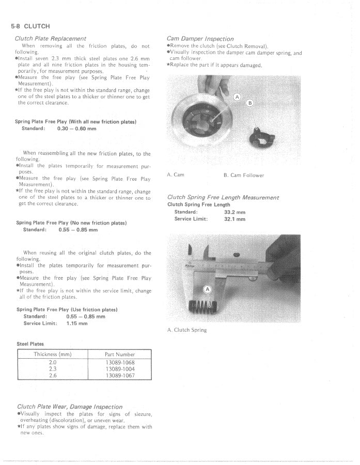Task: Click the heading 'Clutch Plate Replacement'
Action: point(51,39)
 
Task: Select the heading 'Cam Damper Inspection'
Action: point(200,39)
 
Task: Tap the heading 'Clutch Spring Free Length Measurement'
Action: point(223,198)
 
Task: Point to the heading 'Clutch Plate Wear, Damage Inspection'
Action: point(70,407)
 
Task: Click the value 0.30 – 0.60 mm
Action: point(77,129)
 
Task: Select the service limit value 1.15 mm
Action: point(77,324)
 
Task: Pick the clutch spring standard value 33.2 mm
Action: point(234,212)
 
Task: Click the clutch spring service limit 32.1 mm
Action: point(234,219)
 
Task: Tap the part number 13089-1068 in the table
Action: point(120,362)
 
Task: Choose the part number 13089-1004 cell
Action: point(120,369)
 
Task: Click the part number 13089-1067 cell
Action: point(120,376)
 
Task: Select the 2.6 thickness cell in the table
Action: point(53,376)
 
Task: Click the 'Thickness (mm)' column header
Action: point(53,355)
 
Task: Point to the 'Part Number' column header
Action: point(120,355)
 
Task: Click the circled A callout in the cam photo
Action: point(238,97)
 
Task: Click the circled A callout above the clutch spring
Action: point(208,290)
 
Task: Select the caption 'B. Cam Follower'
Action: point(244,175)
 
